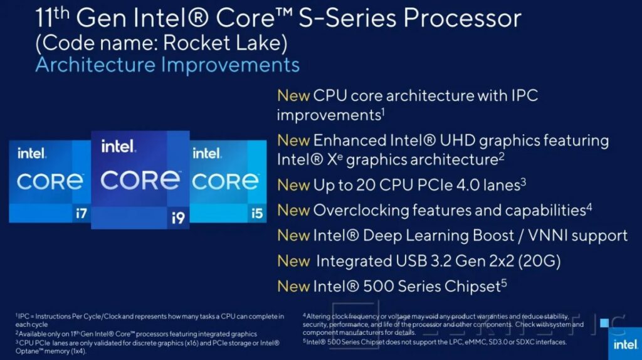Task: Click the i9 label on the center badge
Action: point(178,218)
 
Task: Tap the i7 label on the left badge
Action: point(81,213)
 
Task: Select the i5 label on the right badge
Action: point(256,213)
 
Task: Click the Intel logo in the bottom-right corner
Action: point(625,344)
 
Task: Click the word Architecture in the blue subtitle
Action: point(95,65)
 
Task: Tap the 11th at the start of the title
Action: point(52,18)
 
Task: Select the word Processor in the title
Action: point(462,18)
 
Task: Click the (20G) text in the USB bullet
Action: point(539,261)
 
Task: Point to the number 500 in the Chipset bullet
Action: point(378,286)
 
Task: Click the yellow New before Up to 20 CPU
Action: point(293,185)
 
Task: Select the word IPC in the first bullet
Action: point(524,95)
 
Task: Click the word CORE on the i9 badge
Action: point(140,180)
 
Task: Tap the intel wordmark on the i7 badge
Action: point(32,153)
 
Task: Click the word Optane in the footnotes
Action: point(27,351)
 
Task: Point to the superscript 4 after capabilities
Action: point(589,207)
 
